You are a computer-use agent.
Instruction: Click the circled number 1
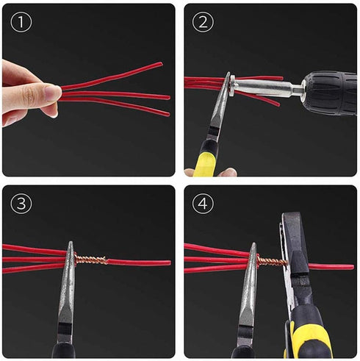coord(22,22)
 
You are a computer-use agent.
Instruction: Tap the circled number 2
coord(204,22)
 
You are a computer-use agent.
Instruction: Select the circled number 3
coord(22,204)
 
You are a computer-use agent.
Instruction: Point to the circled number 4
coord(204,204)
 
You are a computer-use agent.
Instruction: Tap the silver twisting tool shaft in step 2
coord(264,89)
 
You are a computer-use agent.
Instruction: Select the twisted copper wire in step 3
coord(91,259)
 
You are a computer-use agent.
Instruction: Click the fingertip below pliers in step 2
coord(226,172)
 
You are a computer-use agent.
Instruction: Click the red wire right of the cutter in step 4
coord(335,266)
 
